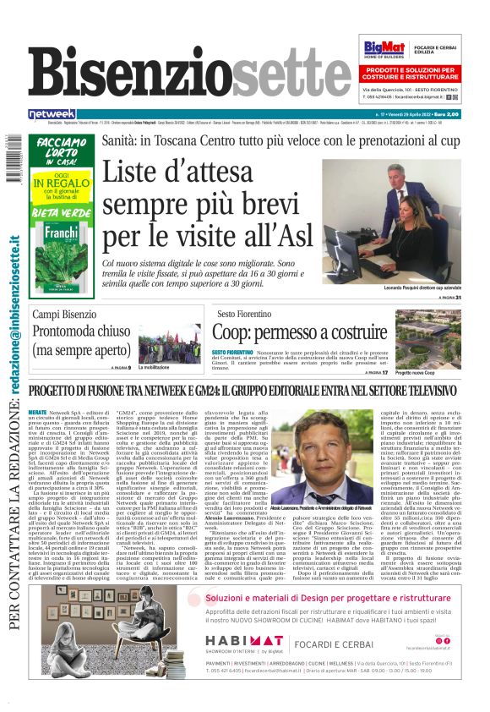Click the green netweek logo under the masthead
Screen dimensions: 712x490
click(52, 113)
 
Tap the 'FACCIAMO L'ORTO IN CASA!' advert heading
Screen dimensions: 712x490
click(61, 151)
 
